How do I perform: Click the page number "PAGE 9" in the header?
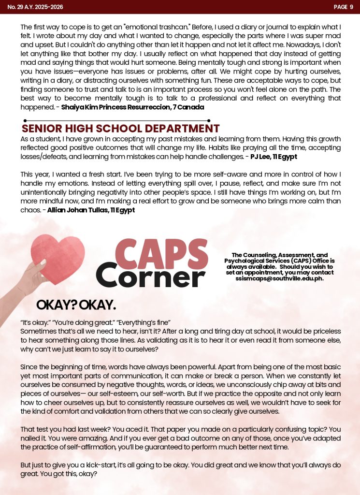(344, 7)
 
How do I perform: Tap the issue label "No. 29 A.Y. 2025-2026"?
(35, 7)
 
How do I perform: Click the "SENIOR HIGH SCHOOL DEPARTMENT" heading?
(120, 129)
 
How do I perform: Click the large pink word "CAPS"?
(162, 255)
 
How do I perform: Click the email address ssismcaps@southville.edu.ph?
(279, 278)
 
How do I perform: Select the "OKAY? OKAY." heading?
(76, 305)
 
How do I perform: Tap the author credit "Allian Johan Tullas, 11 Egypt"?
(91, 210)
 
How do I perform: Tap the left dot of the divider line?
(25, 120)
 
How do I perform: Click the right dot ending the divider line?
(209, 120)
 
